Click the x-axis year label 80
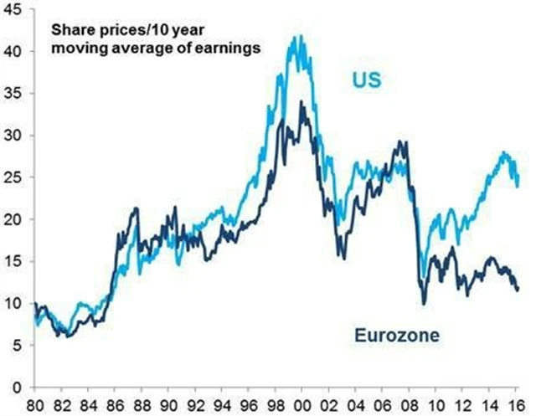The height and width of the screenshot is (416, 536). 34,403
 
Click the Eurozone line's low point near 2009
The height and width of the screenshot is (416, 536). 424,302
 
